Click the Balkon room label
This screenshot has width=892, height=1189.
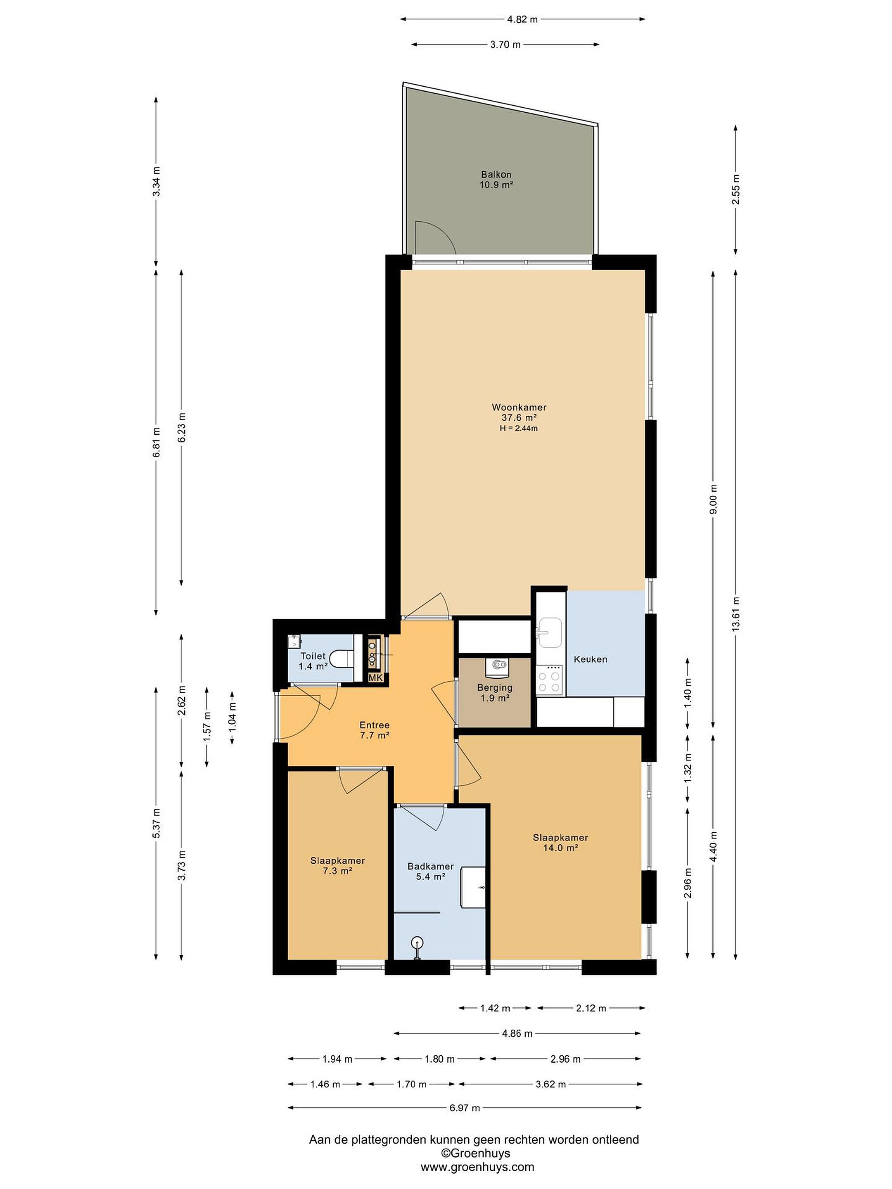click(496, 174)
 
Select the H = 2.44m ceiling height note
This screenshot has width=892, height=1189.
click(519, 429)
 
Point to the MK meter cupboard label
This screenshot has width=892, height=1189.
click(375, 678)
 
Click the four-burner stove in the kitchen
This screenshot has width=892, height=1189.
click(549, 680)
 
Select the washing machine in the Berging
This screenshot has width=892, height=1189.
click(498, 666)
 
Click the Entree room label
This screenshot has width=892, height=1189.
click(374, 725)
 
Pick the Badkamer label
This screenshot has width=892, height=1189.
click(430, 866)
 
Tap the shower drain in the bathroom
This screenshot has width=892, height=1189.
click(417, 942)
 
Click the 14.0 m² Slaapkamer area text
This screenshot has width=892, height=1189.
click(560, 848)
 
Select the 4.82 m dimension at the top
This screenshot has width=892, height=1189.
click(522, 19)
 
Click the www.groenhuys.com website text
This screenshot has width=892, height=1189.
click(477, 1168)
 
